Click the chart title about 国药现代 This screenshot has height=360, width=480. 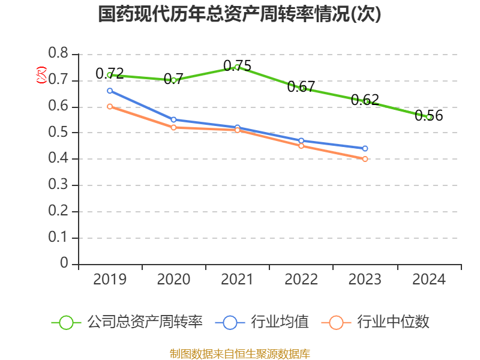(239, 14)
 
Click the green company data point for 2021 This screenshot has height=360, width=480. (237, 67)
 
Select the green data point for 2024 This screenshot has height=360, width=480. (429, 117)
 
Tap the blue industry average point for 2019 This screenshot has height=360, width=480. (110, 91)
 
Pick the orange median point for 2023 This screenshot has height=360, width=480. (365, 159)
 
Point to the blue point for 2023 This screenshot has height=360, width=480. (365, 148)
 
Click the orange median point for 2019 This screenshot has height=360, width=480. (110, 106)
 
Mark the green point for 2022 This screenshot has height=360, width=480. (301, 88)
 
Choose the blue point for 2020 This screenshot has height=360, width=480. (173, 119)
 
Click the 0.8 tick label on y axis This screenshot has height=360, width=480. (58, 54)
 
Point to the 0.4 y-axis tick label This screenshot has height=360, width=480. (58, 159)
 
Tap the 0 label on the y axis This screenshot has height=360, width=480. (64, 264)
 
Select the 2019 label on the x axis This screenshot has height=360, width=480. (110, 280)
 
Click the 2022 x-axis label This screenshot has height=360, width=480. (301, 280)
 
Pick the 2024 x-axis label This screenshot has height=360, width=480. (429, 280)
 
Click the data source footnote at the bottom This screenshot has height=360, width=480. (239, 353)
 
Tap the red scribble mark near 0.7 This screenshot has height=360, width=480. (41, 75)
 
